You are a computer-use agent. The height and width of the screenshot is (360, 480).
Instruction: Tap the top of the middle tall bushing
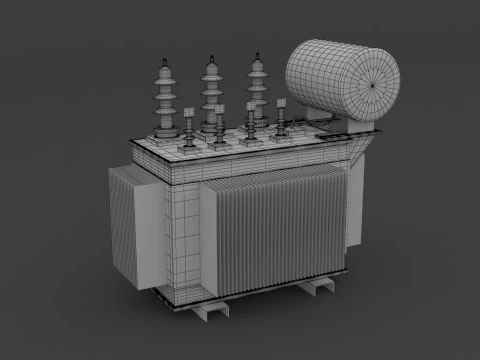pos(212,57)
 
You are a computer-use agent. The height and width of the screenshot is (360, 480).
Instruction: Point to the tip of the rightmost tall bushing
pos(258,54)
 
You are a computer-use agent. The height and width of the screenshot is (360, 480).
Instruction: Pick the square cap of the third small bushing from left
pos(250,103)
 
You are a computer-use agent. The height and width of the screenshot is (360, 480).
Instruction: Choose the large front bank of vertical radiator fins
pos(275,235)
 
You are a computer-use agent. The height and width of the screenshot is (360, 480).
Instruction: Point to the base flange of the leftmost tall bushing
pos(165,135)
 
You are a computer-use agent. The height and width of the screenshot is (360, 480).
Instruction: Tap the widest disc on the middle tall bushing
pos(212,100)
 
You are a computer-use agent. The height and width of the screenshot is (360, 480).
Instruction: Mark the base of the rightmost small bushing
pos(281,134)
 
